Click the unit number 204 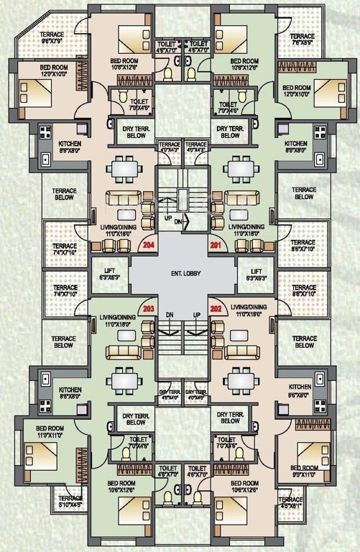pos(149,245)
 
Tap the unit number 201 pos(215,245)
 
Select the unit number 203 pos(149,309)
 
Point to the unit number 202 pos(215,309)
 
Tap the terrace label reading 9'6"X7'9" pos(51,38)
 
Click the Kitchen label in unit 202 pos(300,389)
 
